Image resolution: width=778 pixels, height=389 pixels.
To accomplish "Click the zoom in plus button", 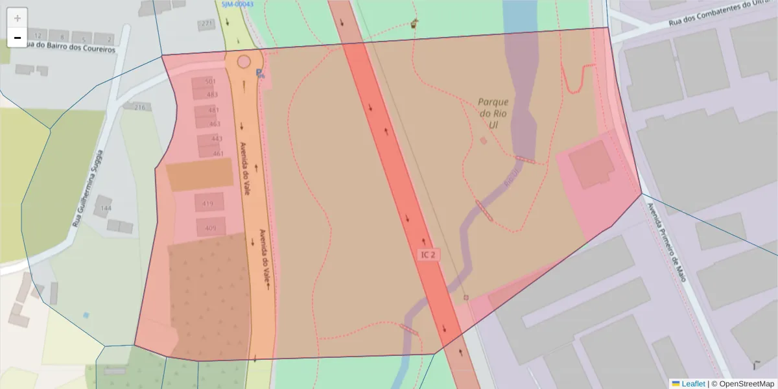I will [18, 18].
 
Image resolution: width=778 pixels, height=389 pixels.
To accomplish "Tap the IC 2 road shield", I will [428, 255].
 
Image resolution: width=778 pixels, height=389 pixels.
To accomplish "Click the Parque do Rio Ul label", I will [493, 113].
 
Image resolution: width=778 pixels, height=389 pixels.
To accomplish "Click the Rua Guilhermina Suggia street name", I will [88, 189].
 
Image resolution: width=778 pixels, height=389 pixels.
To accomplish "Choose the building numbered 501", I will [210, 82].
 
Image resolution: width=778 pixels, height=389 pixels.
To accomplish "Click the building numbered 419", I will [208, 204].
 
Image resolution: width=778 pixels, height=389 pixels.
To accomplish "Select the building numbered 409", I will [211, 228].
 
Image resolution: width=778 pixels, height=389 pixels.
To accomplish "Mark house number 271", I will [207, 24].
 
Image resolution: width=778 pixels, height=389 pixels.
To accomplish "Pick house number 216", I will [139, 107].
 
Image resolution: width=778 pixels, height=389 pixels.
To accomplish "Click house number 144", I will [106, 208].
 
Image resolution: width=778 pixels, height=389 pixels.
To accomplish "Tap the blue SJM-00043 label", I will [237, 4].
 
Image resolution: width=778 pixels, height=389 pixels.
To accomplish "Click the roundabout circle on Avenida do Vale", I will [244, 62].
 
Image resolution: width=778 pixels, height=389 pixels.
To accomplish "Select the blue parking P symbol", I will [260, 73].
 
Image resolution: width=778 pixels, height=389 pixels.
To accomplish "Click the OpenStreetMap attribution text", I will [742, 383].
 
